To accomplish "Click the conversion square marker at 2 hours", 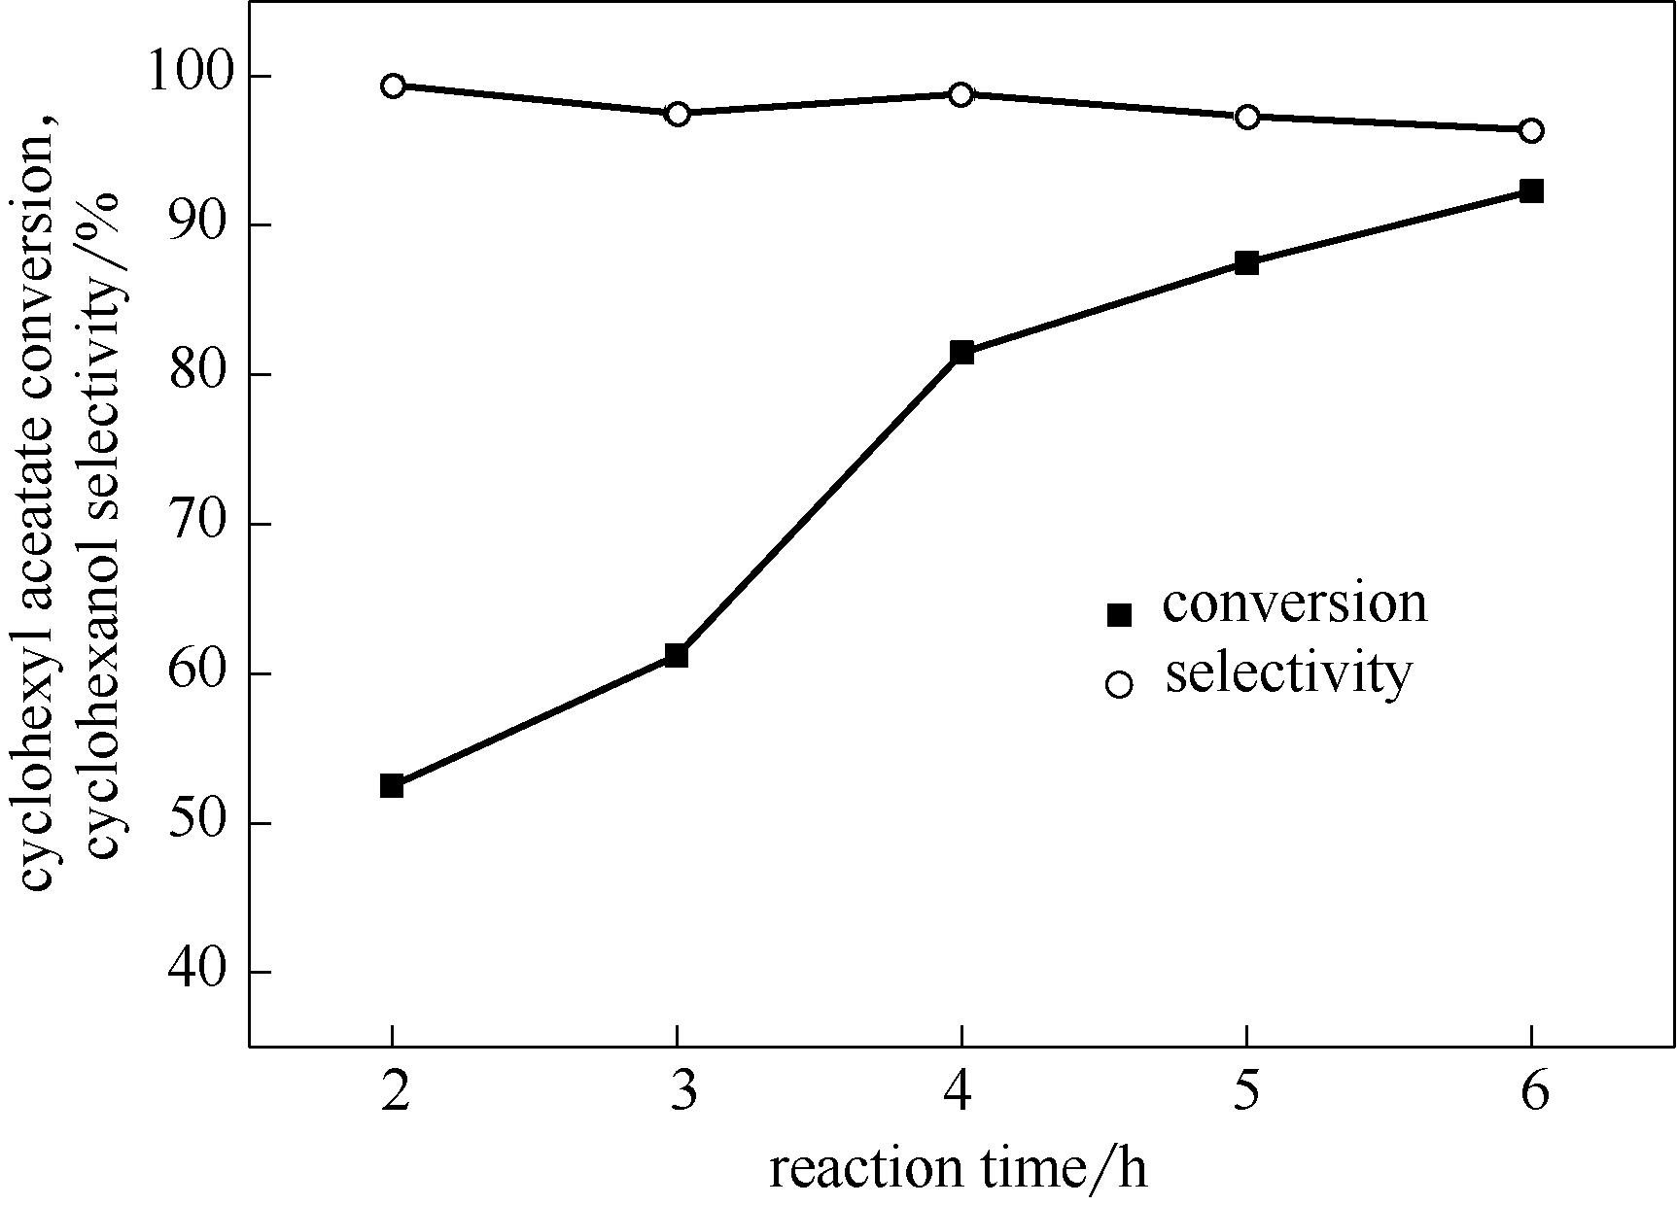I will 392,785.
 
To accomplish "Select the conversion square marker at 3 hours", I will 677,655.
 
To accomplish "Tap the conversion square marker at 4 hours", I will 961,352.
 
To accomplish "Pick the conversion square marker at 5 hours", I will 1247,262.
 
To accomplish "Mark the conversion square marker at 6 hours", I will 1531,190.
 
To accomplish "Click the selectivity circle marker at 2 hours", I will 393,86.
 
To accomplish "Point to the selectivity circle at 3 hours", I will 678,114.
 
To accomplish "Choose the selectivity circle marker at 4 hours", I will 961,94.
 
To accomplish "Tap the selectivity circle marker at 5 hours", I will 1247,117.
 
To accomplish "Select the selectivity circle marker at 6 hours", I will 1531,130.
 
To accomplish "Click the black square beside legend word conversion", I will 1120,614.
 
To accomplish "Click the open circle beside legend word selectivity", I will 1120,684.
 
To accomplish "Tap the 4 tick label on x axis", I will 961,1094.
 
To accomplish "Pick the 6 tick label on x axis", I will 1533,1094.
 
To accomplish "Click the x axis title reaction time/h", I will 959,1168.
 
